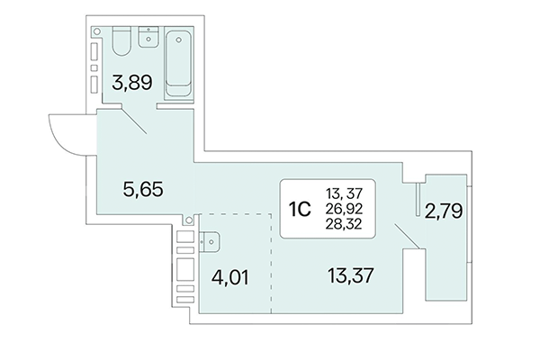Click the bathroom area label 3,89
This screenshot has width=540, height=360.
(x=130, y=85)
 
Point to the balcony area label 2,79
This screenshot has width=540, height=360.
(x=443, y=214)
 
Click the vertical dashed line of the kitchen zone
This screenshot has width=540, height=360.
(x=272, y=265)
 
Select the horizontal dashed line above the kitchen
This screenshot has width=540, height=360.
(x=234, y=214)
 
